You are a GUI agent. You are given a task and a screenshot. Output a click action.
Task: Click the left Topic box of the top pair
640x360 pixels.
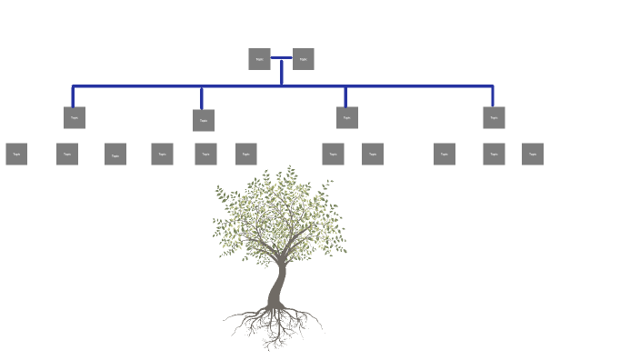[x=259, y=59]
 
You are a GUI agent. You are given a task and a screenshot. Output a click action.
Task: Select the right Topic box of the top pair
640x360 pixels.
[x=303, y=59]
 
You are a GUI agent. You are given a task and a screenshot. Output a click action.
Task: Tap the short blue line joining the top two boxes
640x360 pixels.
[x=281, y=58]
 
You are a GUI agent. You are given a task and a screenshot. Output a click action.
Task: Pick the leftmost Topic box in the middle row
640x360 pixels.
[x=75, y=117]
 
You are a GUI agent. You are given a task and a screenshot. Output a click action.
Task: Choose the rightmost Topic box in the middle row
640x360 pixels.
[x=494, y=117]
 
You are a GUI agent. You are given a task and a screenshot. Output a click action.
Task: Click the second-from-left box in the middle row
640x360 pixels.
[x=204, y=120]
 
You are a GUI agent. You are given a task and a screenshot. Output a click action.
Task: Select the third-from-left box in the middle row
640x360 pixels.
[x=346, y=117]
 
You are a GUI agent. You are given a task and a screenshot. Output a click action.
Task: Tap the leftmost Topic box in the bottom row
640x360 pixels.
[x=16, y=154]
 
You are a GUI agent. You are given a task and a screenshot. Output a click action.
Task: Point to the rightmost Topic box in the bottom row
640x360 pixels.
[x=533, y=154]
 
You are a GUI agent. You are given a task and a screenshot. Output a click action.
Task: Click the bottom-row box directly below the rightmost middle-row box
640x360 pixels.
[x=494, y=154]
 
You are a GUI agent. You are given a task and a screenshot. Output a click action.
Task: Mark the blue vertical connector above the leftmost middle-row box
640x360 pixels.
[x=74, y=96]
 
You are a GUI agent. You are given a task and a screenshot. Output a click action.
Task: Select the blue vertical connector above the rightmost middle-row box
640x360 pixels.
[x=493, y=96]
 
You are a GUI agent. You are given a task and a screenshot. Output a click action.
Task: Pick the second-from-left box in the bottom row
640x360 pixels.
[x=67, y=154]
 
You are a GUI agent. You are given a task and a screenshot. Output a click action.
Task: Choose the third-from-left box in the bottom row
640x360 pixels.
[x=115, y=155]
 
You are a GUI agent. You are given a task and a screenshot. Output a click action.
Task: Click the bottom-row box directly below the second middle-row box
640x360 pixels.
[x=205, y=154]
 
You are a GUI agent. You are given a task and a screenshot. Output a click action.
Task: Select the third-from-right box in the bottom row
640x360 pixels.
[x=445, y=154]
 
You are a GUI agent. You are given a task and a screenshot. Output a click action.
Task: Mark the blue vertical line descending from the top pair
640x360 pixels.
[x=282, y=73]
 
